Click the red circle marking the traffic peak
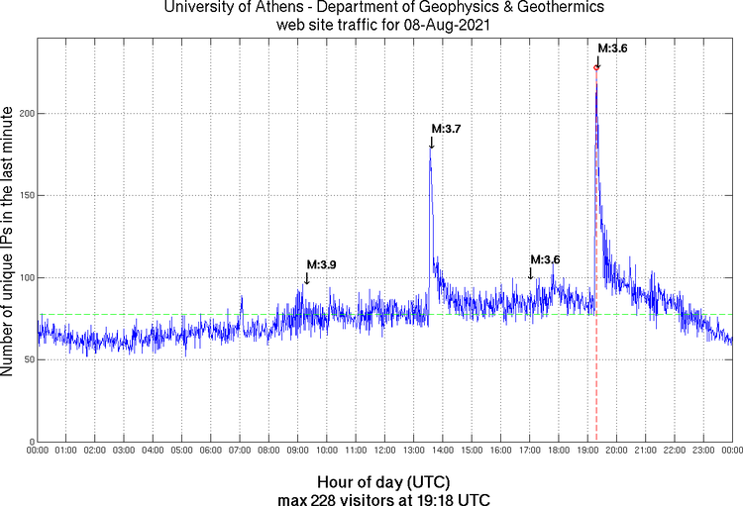[x=596, y=67]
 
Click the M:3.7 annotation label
[x=446, y=129]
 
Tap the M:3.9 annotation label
[x=321, y=264]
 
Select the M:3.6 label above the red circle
[x=612, y=48]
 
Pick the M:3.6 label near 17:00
[x=545, y=259]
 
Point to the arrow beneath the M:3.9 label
[x=307, y=278]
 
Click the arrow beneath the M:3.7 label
[x=431, y=143]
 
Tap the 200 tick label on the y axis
[x=24, y=114]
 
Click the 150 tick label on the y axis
[x=24, y=196]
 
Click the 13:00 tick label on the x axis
[x=413, y=452]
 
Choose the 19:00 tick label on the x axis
[x=587, y=452]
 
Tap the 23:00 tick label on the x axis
[x=703, y=452]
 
